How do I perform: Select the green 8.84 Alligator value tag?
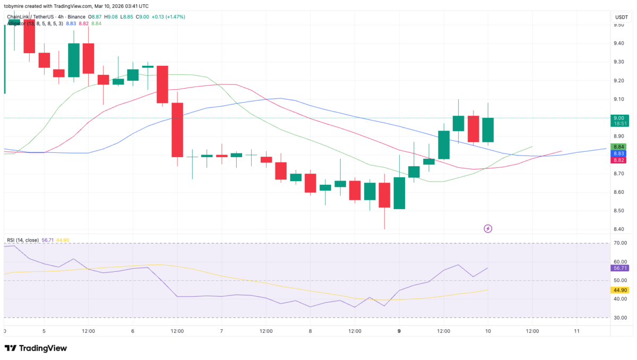click(619, 147)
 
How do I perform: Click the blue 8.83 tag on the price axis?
click(619, 153)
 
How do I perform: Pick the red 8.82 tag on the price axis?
click(619, 160)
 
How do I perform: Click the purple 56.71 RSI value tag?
click(620, 268)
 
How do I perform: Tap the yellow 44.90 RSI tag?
click(620, 290)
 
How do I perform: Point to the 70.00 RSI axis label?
click(619, 243)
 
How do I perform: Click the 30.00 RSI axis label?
click(619, 318)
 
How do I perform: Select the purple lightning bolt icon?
click(488, 229)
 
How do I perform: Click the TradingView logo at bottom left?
click(36, 348)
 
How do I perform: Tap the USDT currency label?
click(621, 17)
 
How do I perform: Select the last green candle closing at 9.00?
click(488, 130)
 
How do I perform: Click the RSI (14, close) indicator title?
click(22, 240)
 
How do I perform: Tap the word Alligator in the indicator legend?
click(18, 23)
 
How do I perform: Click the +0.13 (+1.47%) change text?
click(169, 17)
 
